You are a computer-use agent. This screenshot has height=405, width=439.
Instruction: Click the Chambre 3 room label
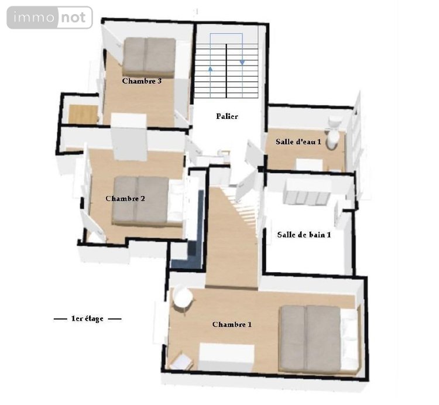142,81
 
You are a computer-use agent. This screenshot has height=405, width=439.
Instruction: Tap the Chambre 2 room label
125,198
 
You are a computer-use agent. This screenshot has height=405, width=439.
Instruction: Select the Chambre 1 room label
232,324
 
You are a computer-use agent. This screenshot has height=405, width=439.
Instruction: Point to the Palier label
227,116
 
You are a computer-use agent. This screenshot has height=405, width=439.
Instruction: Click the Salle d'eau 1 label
299,142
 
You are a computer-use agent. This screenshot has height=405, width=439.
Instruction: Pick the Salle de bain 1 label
304,235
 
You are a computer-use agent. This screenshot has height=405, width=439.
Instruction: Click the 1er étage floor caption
87,319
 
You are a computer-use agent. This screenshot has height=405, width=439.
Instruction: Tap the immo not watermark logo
50,18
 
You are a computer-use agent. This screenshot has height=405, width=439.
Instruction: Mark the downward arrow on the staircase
241,61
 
